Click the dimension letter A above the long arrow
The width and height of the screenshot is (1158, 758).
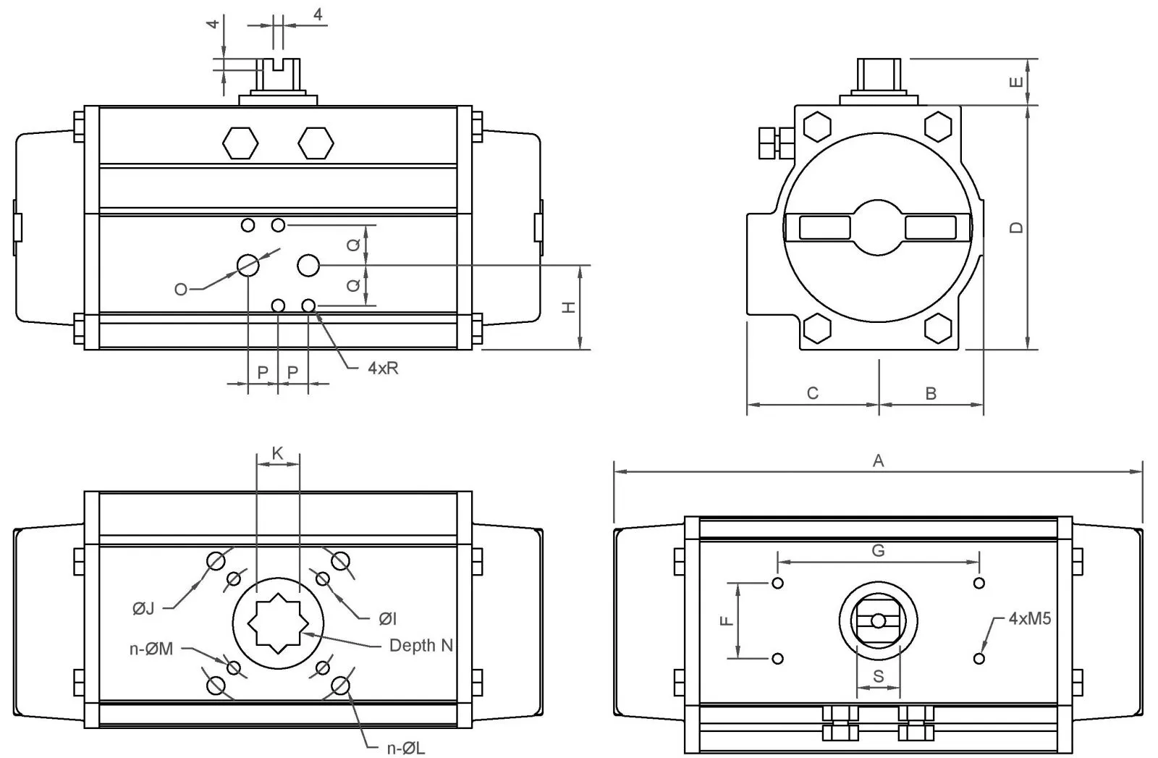point(878,460)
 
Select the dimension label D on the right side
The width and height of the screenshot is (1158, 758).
point(1017,227)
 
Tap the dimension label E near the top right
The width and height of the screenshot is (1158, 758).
point(1017,82)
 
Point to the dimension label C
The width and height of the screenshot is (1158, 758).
point(812,393)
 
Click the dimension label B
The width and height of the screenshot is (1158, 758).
point(931,393)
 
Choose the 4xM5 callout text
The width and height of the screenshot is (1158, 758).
point(1029,618)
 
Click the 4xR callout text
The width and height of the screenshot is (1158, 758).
point(383,368)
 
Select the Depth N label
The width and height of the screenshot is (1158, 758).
point(421,645)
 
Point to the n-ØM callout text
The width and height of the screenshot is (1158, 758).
point(151,649)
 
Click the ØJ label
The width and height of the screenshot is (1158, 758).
point(143,608)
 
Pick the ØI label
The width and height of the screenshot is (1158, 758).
point(388,618)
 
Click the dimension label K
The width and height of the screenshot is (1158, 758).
point(277,453)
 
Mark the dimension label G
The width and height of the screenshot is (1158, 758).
point(878,551)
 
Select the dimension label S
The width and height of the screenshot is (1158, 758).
point(878,676)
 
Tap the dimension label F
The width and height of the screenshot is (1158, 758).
point(727,620)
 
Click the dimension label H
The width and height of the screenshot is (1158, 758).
point(570,308)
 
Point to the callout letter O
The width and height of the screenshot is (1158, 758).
point(181,290)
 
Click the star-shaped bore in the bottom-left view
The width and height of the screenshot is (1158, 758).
point(279,621)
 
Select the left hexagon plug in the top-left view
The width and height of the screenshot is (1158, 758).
point(240,143)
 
